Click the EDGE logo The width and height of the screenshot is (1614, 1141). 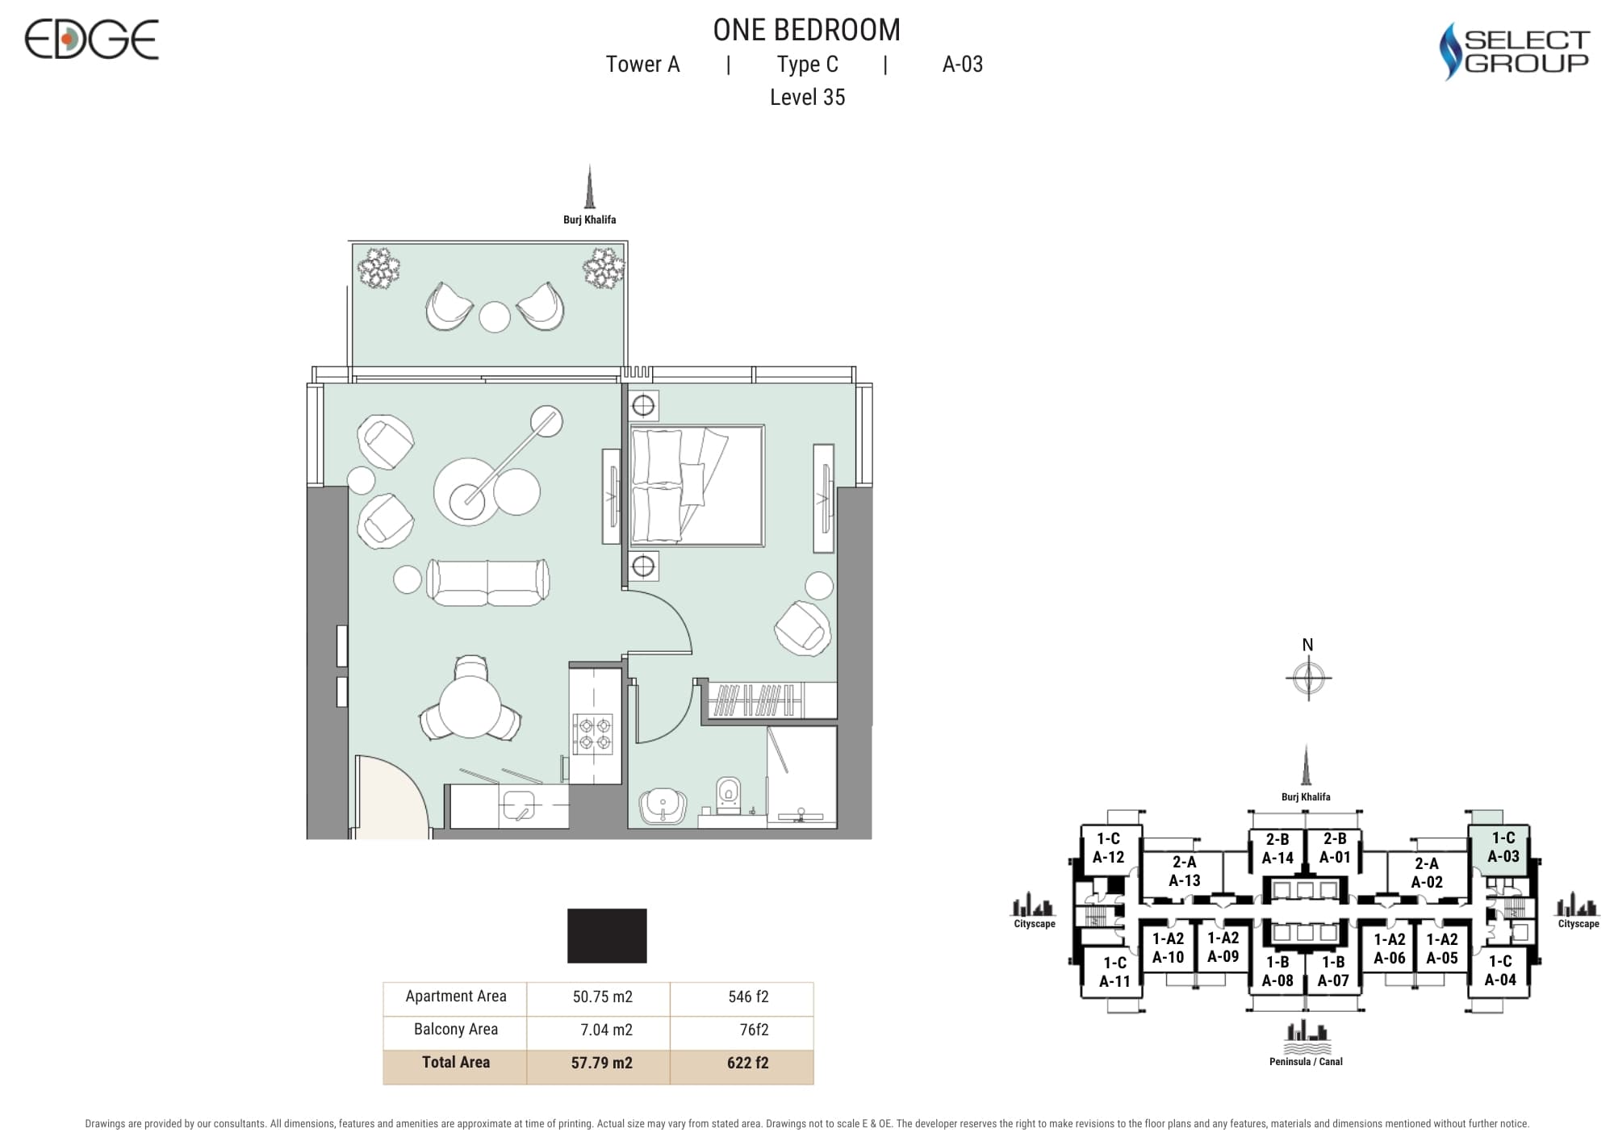[x=91, y=40]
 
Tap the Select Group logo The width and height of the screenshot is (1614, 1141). [x=1514, y=51]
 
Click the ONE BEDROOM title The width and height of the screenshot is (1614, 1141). [x=806, y=30]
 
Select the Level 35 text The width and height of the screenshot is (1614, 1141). [x=807, y=98]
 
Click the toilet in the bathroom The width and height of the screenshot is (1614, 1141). [x=728, y=792]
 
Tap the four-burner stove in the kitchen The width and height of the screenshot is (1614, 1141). [x=592, y=733]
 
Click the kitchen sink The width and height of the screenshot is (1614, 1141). [x=518, y=805]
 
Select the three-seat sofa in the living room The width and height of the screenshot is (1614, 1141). [x=487, y=582]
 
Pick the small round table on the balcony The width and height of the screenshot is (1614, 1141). [x=495, y=317]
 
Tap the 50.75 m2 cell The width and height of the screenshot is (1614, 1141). [x=602, y=997]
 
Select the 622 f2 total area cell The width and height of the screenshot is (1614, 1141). [x=747, y=1064]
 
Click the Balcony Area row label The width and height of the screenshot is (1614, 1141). [x=455, y=1030]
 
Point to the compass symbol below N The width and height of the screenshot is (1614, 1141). [x=1308, y=677]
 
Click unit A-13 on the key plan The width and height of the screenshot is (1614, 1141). [x=1185, y=871]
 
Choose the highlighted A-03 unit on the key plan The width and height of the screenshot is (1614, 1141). [x=1503, y=847]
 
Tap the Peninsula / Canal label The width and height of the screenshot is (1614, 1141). [x=1306, y=1062]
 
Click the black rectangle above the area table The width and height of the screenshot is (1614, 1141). [x=607, y=936]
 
